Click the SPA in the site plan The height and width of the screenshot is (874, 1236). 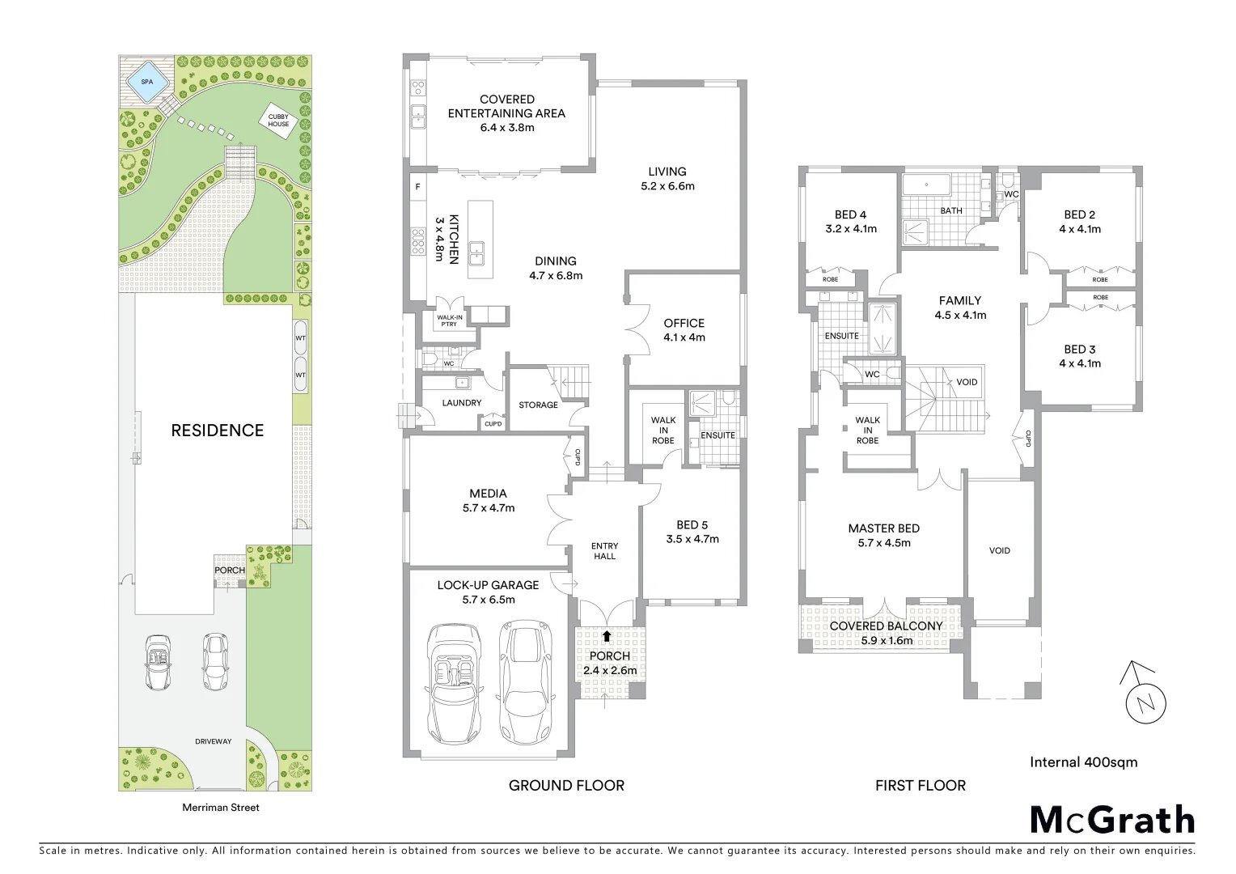coord(146,82)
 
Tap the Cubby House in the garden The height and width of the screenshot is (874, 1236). coord(278,121)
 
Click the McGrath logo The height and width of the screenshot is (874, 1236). coord(1111,820)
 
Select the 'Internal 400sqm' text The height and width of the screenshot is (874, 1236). coord(1083,762)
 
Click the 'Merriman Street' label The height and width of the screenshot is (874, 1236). coord(221,807)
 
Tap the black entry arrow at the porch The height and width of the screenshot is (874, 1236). coord(607,636)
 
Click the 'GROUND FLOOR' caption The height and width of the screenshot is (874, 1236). coord(566,785)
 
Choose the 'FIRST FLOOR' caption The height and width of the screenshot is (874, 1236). coord(921,785)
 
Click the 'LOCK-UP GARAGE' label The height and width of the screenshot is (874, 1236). coord(488,585)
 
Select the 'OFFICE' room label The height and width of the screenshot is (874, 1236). coord(684,323)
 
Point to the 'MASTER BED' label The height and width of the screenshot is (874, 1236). coord(883,528)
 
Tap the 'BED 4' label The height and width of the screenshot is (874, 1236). coord(850,214)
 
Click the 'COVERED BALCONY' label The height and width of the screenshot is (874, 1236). coord(886,626)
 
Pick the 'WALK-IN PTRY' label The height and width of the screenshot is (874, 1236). coord(448,320)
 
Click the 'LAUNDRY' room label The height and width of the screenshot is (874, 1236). coord(462,402)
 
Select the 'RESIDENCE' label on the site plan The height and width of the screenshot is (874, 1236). coord(217,431)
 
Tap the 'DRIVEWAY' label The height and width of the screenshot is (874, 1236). coord(214,741)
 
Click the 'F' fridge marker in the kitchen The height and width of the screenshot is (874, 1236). coord(417,187)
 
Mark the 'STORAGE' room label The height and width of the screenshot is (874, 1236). coord(538,405)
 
